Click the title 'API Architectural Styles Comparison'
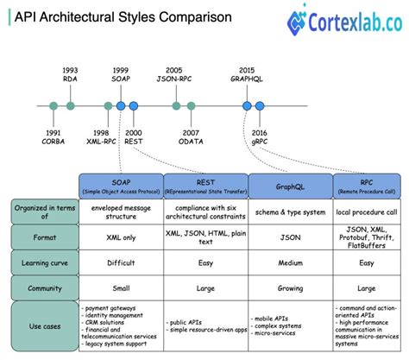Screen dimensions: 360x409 tap(120, 16)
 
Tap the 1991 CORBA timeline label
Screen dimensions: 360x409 tap(53, 136)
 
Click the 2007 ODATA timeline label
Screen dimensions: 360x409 tap(191, 136)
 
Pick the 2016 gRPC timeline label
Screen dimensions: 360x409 tap(260, 136)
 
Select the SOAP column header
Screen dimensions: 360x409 tap(119, 185)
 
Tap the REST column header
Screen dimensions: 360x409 tap(205, 185)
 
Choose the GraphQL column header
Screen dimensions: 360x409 tap(290, 185)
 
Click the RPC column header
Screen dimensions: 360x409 tap(367, 185)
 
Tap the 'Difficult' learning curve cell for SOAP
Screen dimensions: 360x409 tap(119, 262)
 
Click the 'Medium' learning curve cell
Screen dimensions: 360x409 tap(290, 262)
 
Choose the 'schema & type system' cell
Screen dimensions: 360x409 tap(290, 210)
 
